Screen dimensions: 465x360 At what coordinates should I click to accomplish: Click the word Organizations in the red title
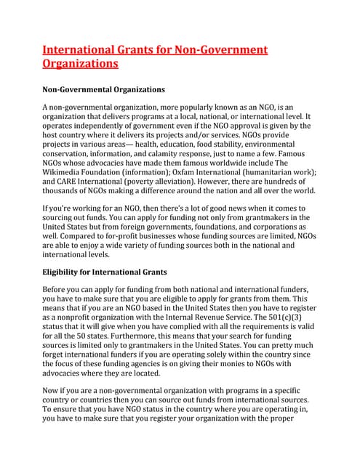[x=80, y=64]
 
